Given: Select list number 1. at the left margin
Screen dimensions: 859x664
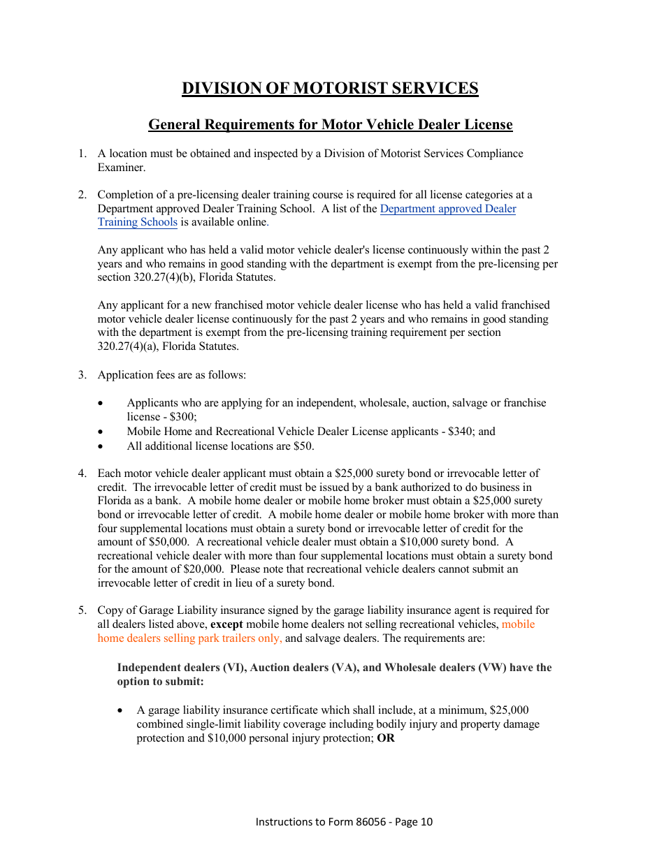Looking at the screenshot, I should coord(82,154).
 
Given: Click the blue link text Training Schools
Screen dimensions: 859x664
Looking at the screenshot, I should coord(137,222).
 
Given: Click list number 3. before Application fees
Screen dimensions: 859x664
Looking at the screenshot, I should coord(82,375).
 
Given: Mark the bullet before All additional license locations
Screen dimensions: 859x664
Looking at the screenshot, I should coord(102,446).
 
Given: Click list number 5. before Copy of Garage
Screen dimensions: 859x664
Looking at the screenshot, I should coord(82,610).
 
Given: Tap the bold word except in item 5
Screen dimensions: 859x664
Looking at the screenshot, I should coord(226,624).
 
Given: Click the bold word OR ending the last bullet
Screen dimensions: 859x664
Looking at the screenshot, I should coord(386,738).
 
